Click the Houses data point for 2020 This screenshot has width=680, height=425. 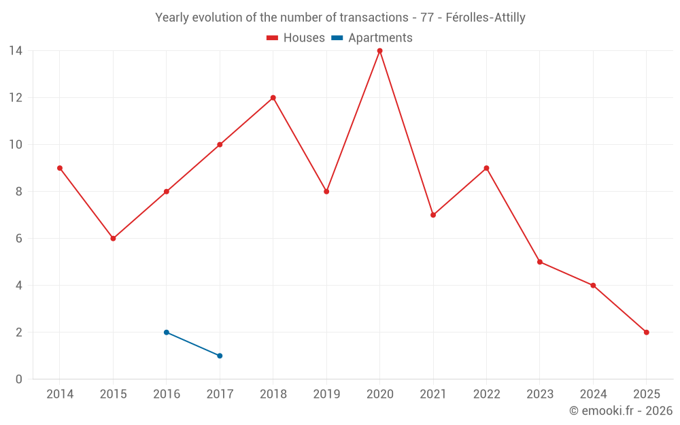coord(379,51)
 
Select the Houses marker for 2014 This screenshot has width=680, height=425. coord(60,168)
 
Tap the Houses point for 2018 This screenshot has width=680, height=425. coord(273,98)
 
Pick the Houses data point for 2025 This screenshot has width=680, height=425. coord(647,333)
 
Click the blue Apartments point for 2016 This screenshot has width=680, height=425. coord(167,333)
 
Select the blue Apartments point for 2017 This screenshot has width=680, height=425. coord(220,356)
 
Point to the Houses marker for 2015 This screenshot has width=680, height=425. coord(113,239)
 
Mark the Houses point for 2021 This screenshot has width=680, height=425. coord(433,215)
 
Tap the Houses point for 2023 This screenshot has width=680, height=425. coord(540,262)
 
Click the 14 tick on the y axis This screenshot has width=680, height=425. coord(15,51)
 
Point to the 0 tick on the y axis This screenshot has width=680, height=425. coord(18,379)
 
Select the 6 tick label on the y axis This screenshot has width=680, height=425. coord(18,239)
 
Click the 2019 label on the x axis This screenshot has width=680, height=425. coord(326,394)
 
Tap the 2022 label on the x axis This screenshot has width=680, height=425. coord(486,394)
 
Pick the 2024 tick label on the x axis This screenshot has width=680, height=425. coord(593,394)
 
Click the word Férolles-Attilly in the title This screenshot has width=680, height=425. coord(486,18)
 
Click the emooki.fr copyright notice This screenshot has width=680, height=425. coord(620,411)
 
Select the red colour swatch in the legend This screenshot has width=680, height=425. coord(273,38)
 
